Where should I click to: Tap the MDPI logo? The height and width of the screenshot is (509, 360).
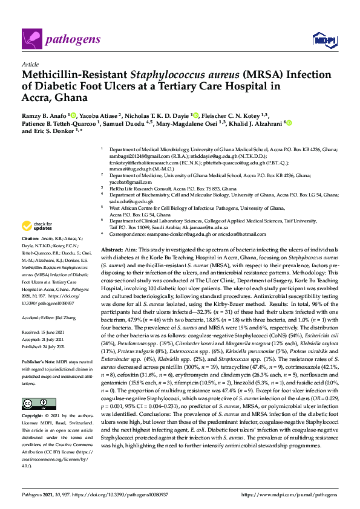point(324,41)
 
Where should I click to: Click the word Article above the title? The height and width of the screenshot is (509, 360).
point(30,63)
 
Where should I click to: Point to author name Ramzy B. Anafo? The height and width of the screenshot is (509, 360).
point(47,115)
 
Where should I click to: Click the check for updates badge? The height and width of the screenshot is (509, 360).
point(34,227)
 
